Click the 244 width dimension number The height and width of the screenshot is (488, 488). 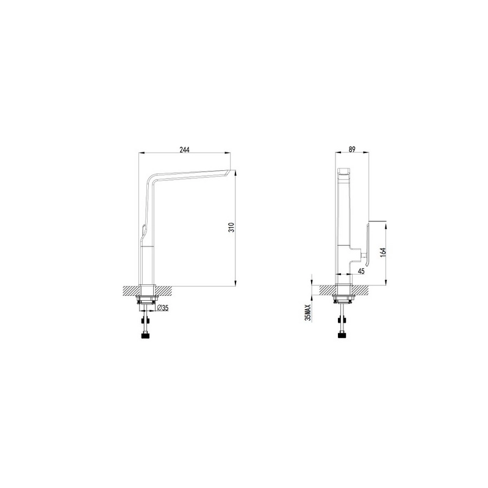point(185,149)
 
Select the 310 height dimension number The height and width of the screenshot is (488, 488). point(231,228)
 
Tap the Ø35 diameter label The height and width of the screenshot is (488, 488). point(163,308)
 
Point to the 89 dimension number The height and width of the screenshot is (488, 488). point(352,149)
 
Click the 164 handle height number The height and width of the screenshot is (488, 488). point(383,252)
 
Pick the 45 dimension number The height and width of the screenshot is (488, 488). point(361,271)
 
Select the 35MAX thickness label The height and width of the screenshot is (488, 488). point(308,312)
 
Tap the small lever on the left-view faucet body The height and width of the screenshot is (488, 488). point(143,230)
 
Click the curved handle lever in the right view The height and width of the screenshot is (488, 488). point(368,245)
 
